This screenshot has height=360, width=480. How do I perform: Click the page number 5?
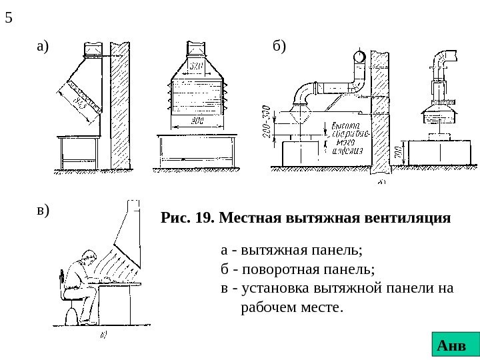(9, 17)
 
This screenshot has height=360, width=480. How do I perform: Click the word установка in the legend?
(273, 289)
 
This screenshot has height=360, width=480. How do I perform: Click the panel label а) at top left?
(43, 47)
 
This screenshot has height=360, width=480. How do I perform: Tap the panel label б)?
(279, 47)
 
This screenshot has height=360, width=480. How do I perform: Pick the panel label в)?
(43, 210)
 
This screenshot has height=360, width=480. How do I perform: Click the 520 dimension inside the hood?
(195, 67)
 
